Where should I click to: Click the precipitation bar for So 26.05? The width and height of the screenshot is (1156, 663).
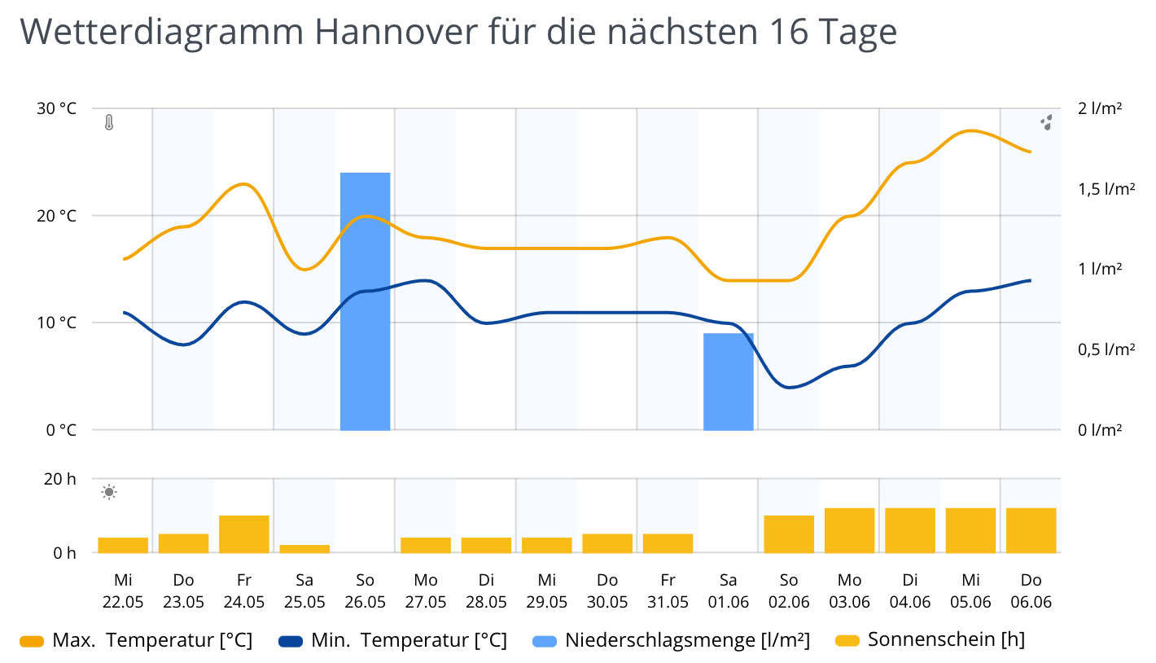pos(365,301)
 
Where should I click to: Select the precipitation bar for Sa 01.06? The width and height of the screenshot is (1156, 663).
pos(729,381)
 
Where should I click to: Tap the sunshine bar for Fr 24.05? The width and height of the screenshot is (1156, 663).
pos(244,534)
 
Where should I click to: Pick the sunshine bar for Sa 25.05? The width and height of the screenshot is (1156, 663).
pos(304,548)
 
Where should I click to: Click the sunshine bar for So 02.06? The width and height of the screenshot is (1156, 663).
pos(789,534)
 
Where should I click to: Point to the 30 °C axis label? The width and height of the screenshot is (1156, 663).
pos(56,109)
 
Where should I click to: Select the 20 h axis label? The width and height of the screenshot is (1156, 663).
pos(59,479)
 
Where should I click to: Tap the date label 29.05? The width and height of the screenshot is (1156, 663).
pos(546,603)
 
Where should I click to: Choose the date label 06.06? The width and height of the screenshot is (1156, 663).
pos(1031,603)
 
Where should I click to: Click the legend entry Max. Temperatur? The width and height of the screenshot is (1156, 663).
pos(151,641)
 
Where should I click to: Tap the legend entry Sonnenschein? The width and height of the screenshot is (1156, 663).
pos(945,640)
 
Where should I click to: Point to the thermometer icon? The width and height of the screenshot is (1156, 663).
pos(109,123)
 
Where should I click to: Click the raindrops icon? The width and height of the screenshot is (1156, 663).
pos(1047,123)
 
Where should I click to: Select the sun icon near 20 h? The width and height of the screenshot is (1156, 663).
pos(109,492)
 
